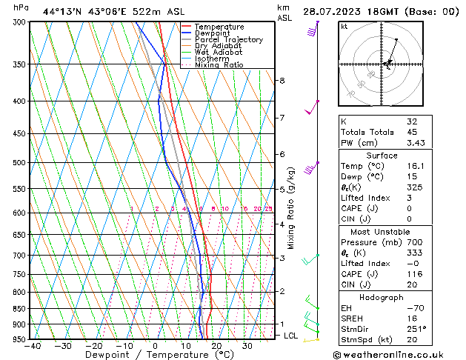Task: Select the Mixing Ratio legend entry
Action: (x=219, y=65)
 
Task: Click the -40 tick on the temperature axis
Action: (x=32, y=346)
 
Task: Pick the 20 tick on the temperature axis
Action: (x=216, y=346)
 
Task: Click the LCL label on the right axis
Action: (x=292, y=336)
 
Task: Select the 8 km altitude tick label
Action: (x=282, y=80)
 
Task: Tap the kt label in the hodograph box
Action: (x=344, y=27)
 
